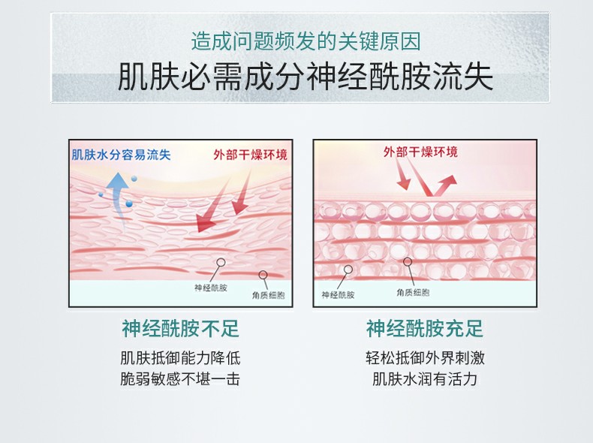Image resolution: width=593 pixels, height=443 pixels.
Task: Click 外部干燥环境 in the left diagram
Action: pyautogui.click(x=249, y=155)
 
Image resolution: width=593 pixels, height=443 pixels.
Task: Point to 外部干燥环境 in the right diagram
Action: pyautogui.click(x=420, y=152)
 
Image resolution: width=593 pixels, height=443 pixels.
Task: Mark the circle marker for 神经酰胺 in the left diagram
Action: pyautogui.click(x=220, y=264)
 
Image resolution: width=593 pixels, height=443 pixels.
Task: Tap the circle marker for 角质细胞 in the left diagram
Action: pyautogui.click(x=263, y=275)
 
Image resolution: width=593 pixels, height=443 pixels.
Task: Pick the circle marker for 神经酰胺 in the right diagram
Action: pyautogui.click(x=348, y=269)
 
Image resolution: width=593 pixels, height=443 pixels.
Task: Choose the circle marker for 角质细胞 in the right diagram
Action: pyautogui.click(x=408, y=262)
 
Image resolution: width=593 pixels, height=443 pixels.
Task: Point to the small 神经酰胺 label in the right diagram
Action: pyautogui.click(x=338, y=294)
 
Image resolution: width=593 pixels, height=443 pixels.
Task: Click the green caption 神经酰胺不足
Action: pyautogui.click(x=180, y=328)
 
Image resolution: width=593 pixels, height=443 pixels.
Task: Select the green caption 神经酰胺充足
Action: pyautogui.click(x=425, y=328)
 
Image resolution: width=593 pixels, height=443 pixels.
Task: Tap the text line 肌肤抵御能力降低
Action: pyautogui.click(x=180, y=357)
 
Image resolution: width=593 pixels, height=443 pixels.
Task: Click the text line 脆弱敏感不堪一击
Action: pyautogui.click(x=180, y=379)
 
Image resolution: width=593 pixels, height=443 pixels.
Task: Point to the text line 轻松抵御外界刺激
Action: pyautogui.click(x=425, y=357)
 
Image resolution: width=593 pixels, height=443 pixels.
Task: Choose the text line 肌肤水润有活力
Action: pyautogui.click(x=425, y=379)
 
